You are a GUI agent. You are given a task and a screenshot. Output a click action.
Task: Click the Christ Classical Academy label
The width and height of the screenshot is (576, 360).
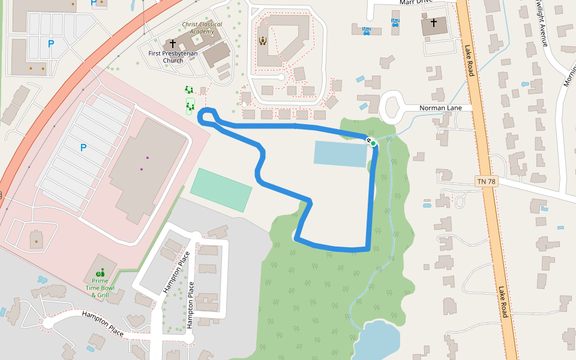[202, 28]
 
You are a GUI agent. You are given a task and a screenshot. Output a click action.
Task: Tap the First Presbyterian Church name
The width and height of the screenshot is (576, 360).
[173, 57]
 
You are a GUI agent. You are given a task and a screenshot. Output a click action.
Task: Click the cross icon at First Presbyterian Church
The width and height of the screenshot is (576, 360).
[173, 44]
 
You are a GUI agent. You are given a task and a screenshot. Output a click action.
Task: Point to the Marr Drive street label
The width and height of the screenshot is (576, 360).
[416, 3]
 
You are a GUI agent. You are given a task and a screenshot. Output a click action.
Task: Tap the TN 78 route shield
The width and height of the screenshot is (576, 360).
[487, 181]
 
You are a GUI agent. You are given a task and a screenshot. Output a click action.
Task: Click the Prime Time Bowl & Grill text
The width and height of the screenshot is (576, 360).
[101, 287]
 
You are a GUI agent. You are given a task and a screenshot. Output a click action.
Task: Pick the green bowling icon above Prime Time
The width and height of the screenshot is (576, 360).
[101, 273]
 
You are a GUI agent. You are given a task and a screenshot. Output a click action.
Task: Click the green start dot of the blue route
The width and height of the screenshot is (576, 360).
[373, 143]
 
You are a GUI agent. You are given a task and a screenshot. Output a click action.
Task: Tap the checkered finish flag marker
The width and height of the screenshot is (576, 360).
[368, 140]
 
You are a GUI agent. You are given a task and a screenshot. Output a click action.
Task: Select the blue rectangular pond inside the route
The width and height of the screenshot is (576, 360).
[340, 154]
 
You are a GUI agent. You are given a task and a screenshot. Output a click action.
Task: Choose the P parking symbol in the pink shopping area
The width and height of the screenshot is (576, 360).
[83, 147]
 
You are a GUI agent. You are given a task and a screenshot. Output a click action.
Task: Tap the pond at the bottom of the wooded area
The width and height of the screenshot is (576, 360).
[378, 339]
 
